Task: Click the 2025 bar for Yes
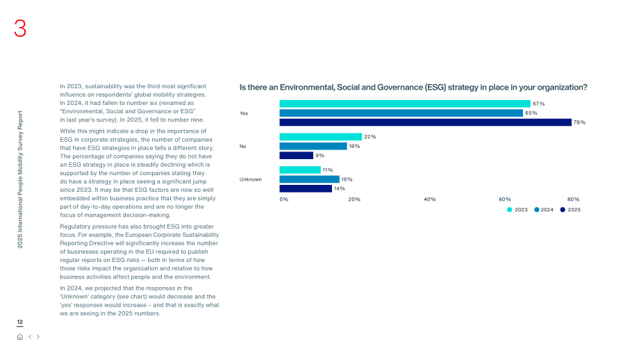coord(426,122)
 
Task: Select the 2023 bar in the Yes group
coord(405,104)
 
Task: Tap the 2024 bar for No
coord(313,146)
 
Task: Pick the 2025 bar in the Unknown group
coord(306,188)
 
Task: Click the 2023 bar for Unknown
coord(300,170)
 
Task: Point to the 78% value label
coord(579,122)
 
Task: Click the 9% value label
coord(320,156)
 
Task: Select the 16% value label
coord(347,179)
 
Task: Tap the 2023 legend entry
coord(517,210)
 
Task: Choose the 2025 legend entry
coord(570,210)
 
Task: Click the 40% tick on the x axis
coord(429,199)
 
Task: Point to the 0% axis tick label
coord(284,199)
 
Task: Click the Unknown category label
coord(250,179)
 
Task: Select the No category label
coord(243,147)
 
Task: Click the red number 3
coord(20,28)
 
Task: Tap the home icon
coord(19,337)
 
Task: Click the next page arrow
coord(38,337)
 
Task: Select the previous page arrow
coord(30,337)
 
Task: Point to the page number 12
coord(19,322)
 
